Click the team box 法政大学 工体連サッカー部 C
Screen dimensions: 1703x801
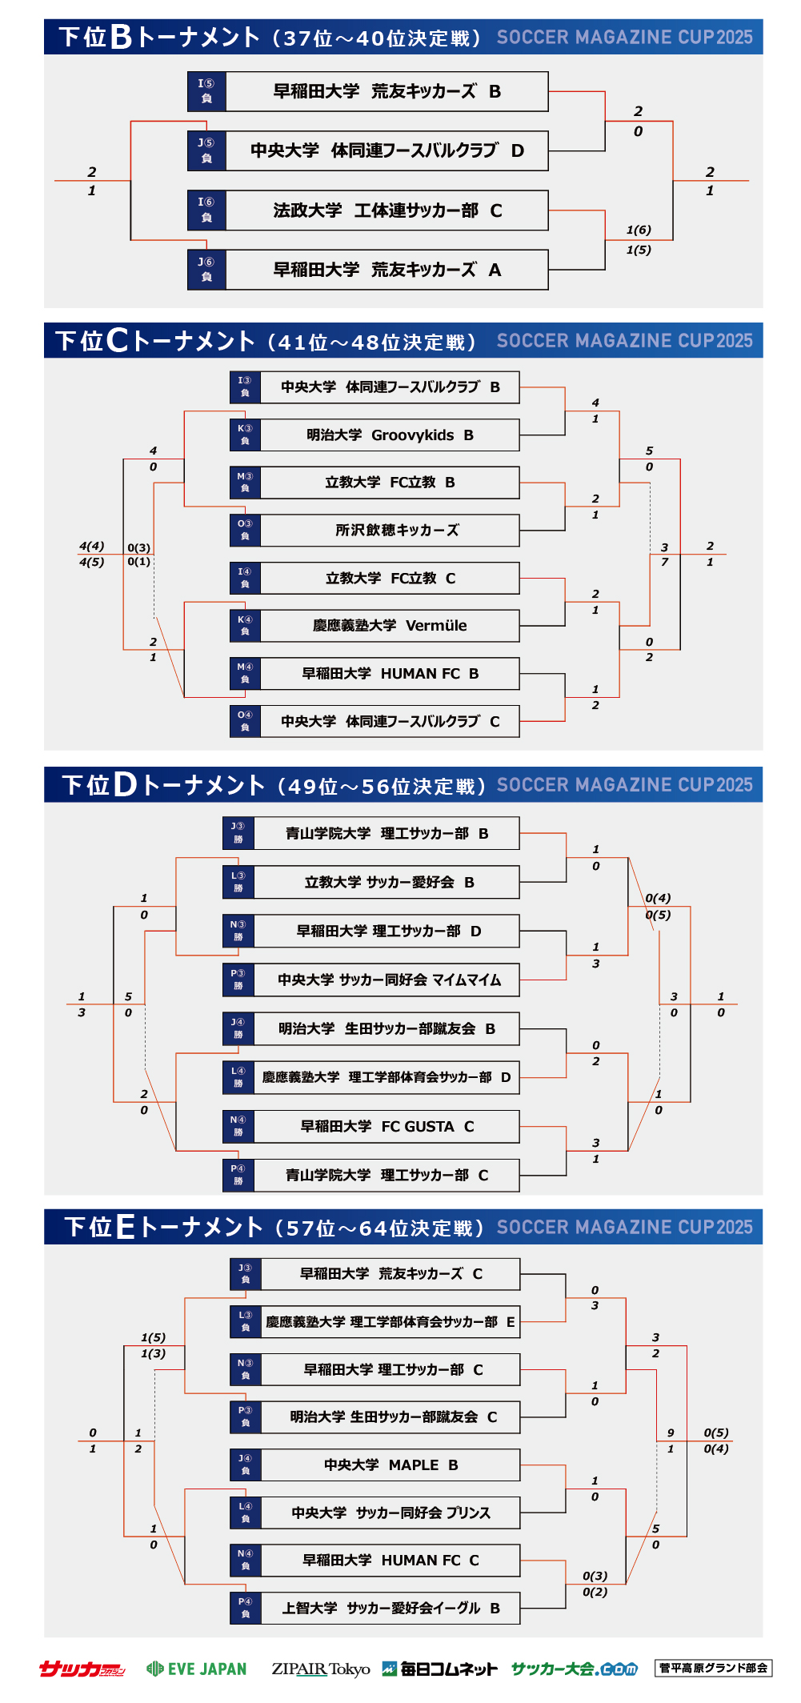pos(387,210)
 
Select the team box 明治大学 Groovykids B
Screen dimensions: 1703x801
pos(390,435)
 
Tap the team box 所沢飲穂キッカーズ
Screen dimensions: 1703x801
pos(390,531)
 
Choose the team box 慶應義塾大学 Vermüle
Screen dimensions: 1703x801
pos(390,626)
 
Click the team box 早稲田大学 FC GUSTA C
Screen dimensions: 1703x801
pos(386,1127)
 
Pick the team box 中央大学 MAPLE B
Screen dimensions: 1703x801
pos(390,1465)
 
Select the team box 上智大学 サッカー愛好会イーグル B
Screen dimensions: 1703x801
pos(390,1608)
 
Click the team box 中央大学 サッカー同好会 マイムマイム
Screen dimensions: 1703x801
pos(386,980)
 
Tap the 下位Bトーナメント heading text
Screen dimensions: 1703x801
pos(160,37)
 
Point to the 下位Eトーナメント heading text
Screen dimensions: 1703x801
pos(164,1227)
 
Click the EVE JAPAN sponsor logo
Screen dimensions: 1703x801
pos(197,1669)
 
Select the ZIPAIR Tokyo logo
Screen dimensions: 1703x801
pos(320,1669)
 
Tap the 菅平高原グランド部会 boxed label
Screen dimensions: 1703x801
pos(713,1668)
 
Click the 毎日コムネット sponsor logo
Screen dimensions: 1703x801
pos(439,1669)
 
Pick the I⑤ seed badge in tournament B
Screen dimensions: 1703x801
pos(206,91)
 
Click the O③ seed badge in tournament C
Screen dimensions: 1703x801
pos(245,531)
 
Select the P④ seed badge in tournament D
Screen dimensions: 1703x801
pos(238,1175)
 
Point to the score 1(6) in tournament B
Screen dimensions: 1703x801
pos(639,230)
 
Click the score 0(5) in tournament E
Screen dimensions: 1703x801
pos(716,1433)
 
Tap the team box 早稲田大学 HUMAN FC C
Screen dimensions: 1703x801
pos(390,1561)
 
